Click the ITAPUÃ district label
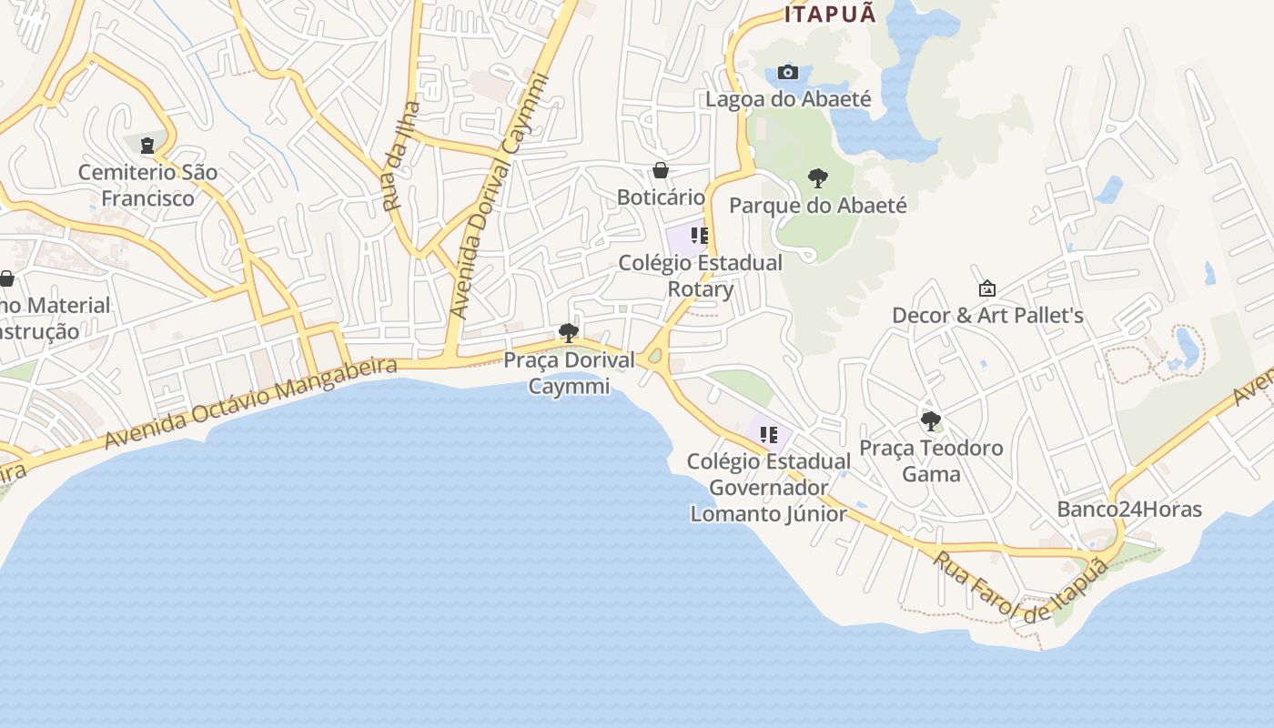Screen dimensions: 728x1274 tap(831, 14)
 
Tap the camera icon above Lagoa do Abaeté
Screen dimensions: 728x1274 tap(788, 72)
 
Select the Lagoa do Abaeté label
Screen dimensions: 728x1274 tap(789, 99)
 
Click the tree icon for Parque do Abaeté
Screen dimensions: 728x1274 tap(817, 177)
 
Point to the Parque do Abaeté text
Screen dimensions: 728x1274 tap(818, 206)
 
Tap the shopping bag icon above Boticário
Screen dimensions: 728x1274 tap(661, 170)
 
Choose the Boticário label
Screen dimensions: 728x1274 tap(661, 197)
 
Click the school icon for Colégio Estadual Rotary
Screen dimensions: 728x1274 tap(699, 237)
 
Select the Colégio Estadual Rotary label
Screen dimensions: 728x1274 tap(700, 276)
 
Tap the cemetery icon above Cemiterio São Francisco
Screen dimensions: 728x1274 tap(147, 145)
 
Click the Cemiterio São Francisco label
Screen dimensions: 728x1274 tap(147, 185)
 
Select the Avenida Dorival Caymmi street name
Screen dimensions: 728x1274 tap(500, 196)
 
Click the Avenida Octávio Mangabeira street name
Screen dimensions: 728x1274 tap(251, 403)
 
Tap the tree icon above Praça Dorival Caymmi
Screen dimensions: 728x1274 tap(569, 332)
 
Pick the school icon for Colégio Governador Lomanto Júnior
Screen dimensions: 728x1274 tap(769, 434)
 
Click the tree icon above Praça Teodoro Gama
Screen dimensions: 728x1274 tap(930, 420)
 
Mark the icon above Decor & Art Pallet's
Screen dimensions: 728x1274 tap(986, 288)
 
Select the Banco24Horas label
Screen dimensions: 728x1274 tap(1129, 510)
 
